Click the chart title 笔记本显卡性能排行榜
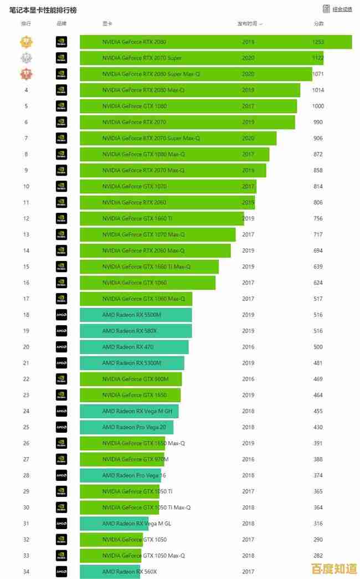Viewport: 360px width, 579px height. tap(43, 10)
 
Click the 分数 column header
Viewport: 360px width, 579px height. tap(318, 24)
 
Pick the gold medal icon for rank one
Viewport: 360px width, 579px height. tap(26, 42)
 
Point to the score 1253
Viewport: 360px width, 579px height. tap(318, 42)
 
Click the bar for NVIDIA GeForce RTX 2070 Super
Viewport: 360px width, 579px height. tap(201, 58)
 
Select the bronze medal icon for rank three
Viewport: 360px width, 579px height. tap(26, 74)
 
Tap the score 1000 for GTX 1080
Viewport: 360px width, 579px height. tap(318, 106)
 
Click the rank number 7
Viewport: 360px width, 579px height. tap(26, 139)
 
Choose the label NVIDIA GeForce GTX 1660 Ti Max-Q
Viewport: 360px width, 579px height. tap(146, 267)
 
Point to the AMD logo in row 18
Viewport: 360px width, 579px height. tap(61, 315)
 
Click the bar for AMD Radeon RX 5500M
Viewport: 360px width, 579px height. tap(136, 315)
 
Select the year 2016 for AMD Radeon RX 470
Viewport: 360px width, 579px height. tap(248, 347)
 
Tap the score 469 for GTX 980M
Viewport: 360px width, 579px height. tap(318, 380)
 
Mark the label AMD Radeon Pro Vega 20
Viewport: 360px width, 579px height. tap(133, 427)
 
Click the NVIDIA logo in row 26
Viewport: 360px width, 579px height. tap(61, 443)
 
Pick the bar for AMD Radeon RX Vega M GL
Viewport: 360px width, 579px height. tap(114, 524)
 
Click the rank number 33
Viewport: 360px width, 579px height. tap(26, 556)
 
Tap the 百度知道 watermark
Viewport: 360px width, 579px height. tap(335, 569)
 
